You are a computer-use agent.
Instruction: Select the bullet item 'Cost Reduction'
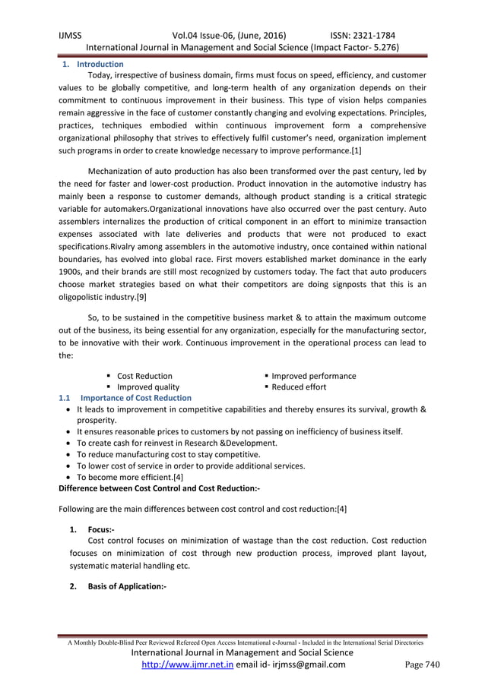pyautogui.click(x=144, y=376)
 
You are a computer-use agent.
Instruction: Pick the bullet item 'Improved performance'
pyautogui.click(x=313, y=376)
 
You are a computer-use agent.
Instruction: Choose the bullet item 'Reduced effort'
pyautogui.click(x=299, y=387)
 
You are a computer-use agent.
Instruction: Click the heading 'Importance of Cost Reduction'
pyautogui.click(x=136, y=398)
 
